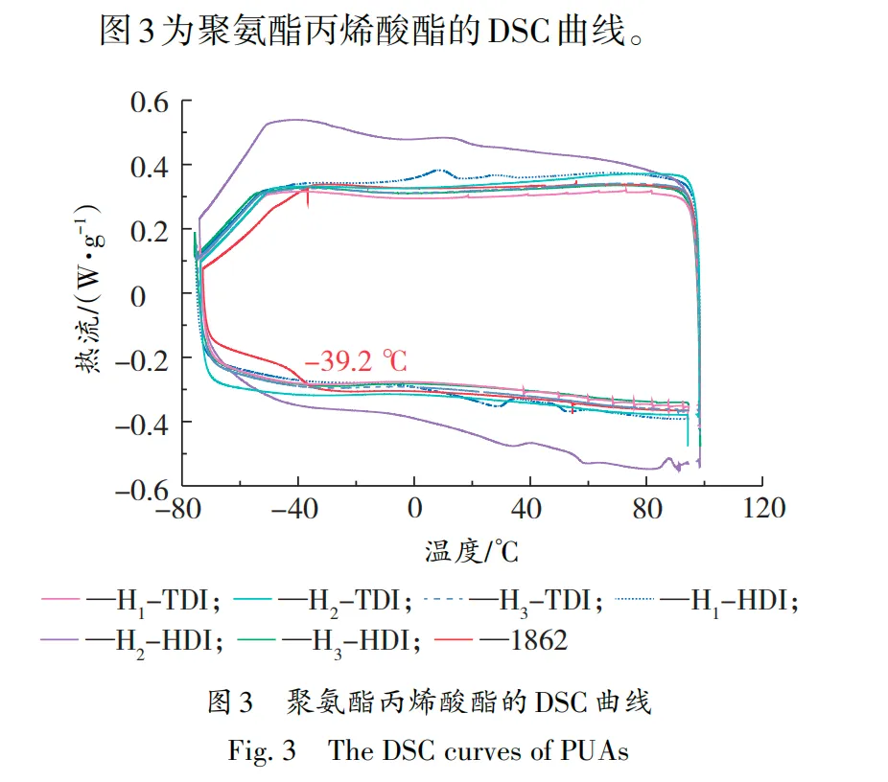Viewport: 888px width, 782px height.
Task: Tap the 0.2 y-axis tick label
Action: coord(143,230)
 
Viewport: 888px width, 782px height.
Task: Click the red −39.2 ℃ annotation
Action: coord(356,361)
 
